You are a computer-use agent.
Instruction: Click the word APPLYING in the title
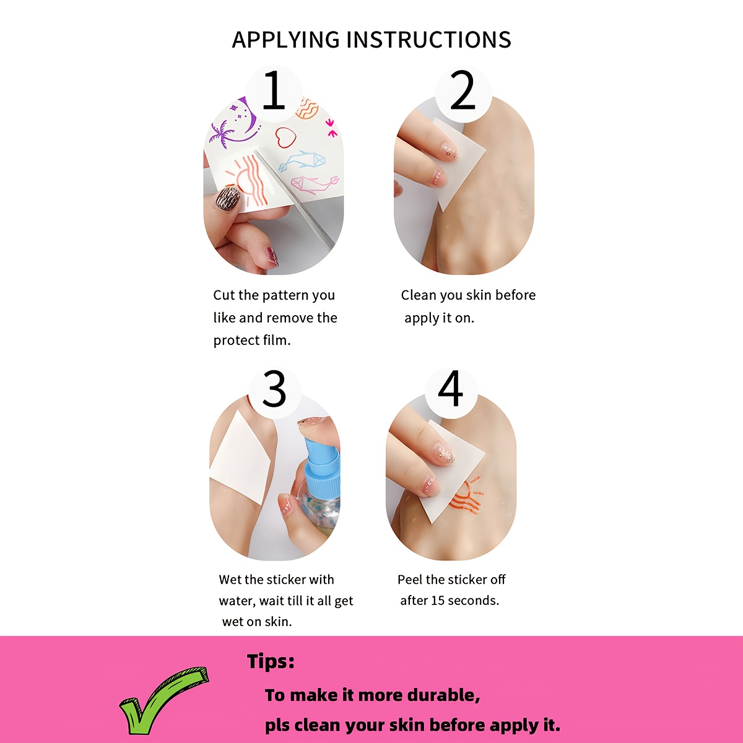[x=285, y=40]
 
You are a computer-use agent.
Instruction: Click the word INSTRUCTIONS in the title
[x=428, y=40]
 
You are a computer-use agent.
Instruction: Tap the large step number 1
[x=274, y=89]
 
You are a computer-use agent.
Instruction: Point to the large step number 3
[x=274, y=389]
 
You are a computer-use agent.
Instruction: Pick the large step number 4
[x=450, y=389]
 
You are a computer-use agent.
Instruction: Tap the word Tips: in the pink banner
[x=271, y=661]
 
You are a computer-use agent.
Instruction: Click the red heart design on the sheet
[x=285, y=137]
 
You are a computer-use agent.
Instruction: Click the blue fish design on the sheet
[x=302, y=161]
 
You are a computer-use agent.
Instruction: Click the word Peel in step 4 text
[x=411, y=580]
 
